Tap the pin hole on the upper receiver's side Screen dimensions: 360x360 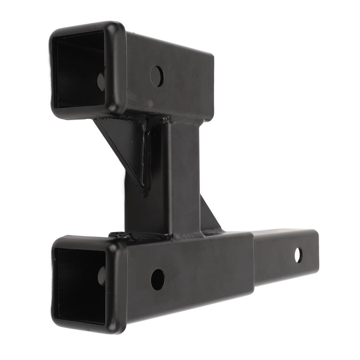click(157, 76)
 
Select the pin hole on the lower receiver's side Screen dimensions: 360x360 click(158, 279)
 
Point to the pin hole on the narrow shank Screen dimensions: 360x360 click(298, 255)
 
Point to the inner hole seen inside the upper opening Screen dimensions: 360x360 click(101, 81)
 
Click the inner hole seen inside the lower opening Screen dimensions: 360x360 click(102, 276)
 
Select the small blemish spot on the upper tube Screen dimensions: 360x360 click(150, 104)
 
